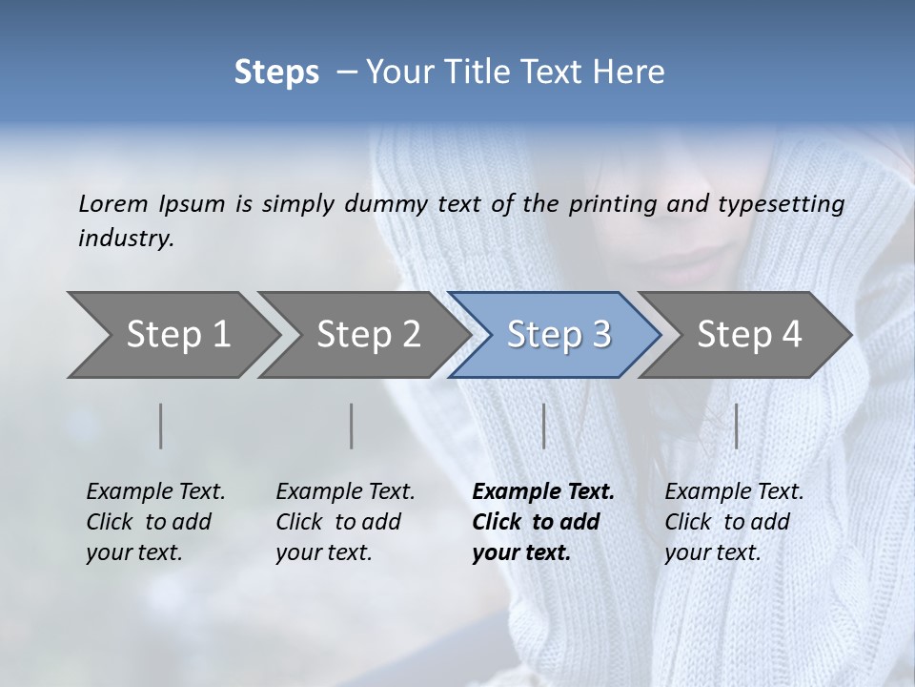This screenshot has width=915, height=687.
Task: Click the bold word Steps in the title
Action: pos(276,73)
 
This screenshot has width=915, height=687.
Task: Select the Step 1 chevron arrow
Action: pos(172,335)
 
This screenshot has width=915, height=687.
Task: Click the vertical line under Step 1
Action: pos(161,426)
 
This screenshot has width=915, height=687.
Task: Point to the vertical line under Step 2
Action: pos(352,426)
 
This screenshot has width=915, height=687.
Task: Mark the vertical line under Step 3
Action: pos(544,426)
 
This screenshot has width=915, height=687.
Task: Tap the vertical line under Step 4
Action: pos(737,426)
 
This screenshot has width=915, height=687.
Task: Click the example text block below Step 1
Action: pos(155,522)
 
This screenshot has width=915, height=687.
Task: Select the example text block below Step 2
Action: pos(345,522)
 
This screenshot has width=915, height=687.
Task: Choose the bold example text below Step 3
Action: pos(542,522)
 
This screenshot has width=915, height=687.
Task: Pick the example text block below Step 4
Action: pos(734,522)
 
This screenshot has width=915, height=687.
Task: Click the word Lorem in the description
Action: pos(113,203)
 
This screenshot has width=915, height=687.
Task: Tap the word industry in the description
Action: pos(126,239)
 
